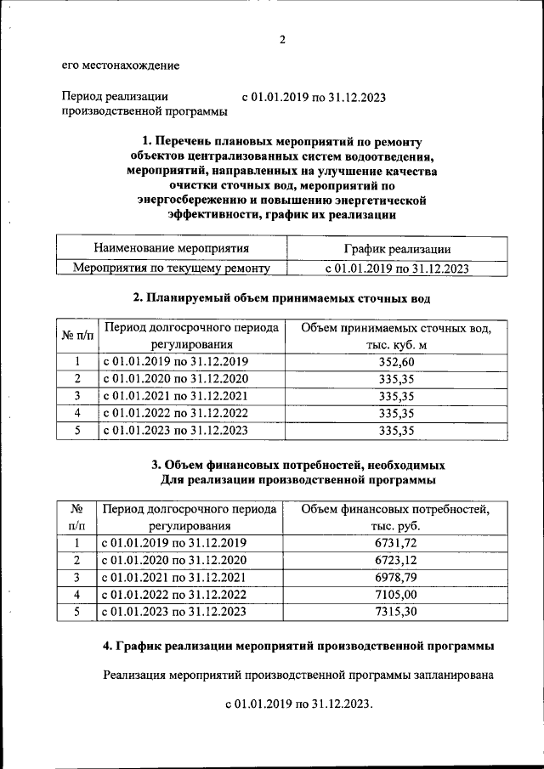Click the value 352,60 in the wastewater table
pos(396,362)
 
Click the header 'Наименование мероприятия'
pos(172,248)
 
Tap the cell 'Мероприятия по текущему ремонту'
pos(172,269)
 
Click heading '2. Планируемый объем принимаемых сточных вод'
pos(281,298)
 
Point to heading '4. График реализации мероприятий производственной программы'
pos(298,647)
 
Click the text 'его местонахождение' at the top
pos(120,65)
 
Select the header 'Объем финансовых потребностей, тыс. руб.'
pos(396,517)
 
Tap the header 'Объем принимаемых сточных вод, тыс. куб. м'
pos(396,336)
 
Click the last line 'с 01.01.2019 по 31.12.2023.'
pos(299,705)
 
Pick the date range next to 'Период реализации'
pos(314,97)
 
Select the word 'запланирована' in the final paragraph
pos(452,676)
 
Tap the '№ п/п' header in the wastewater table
pos(78,336)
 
